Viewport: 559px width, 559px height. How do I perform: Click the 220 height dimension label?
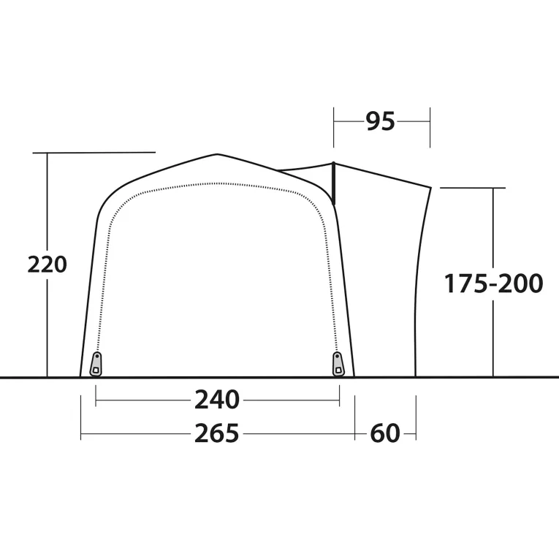[47, 265]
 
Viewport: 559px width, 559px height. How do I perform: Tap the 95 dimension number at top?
[381, 121]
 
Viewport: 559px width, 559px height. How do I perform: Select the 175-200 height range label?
[493, 284]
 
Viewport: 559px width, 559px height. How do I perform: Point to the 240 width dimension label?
[217, 400]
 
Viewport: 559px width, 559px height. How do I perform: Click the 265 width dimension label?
[217, 433]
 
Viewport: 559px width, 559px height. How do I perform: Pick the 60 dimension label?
[385, 433]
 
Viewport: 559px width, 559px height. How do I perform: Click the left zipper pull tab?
[96, 364]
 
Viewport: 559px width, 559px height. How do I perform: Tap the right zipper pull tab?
[338, 364]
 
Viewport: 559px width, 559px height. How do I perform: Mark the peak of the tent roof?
[218, 154]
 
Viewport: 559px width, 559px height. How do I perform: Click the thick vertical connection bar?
[334, 183]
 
